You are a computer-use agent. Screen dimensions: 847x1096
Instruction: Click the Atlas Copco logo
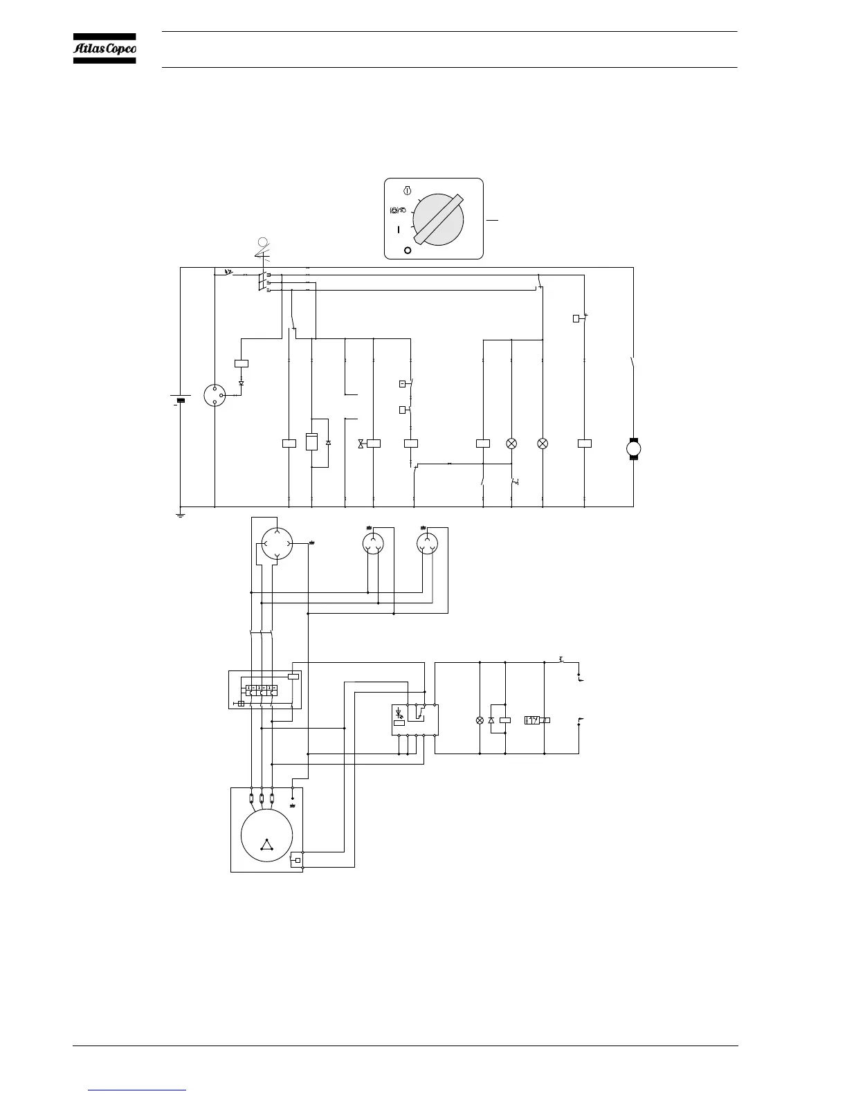(x=104, y=48)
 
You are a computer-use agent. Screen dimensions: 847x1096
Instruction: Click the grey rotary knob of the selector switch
(x=438, y=219)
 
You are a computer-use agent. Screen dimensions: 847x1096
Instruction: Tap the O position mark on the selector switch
(x=408, y=250)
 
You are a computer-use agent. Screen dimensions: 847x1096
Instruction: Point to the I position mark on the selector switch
(x=399, y=230)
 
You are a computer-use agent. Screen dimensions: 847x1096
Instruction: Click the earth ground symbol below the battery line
(x=180, y=515)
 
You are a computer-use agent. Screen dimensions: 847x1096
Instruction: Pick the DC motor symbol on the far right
(x=634, y=448)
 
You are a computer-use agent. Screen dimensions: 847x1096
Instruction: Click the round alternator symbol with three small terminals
(x=215, y=395)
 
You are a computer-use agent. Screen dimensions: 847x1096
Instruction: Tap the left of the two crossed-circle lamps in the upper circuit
(x=511, y=444)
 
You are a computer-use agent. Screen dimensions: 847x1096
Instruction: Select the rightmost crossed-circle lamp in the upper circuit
(x=543, y=444)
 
